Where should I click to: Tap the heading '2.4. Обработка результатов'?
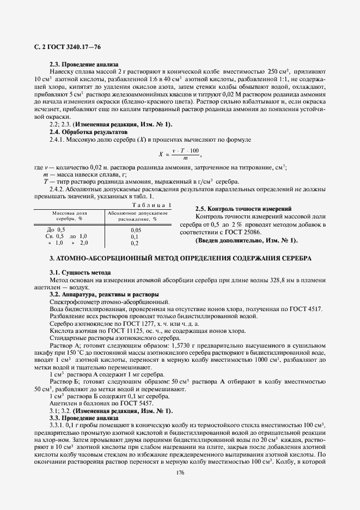(88, 132)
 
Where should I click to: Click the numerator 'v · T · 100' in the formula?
(186, 150)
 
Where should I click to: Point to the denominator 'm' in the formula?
(186, 158)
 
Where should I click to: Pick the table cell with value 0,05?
(136, 230)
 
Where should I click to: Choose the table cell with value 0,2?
(135, 243)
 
